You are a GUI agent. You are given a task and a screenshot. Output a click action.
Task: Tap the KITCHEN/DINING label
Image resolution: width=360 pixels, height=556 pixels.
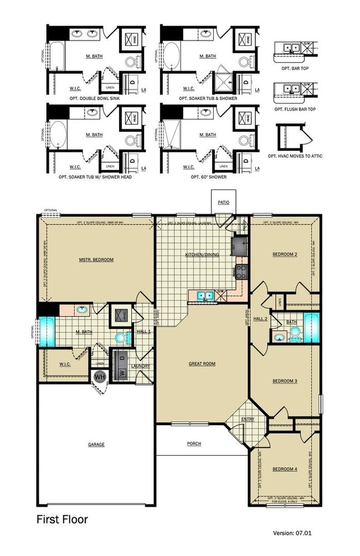201,255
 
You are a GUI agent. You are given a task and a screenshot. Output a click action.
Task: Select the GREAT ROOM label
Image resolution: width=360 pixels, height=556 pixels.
202,364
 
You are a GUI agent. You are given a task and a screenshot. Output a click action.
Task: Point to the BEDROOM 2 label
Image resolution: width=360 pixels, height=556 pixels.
285,254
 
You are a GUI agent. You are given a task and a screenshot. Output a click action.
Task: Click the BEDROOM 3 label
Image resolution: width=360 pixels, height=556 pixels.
285,381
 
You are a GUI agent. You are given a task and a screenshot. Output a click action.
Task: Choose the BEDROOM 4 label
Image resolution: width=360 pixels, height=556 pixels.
285,469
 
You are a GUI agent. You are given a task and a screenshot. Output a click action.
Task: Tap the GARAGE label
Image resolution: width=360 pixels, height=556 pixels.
96,444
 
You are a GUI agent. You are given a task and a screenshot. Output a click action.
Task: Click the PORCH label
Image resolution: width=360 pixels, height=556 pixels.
194,444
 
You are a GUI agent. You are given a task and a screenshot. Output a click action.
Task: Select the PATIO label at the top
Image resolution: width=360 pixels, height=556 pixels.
223,203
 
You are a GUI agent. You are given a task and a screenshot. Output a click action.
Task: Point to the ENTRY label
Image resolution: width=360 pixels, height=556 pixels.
248,419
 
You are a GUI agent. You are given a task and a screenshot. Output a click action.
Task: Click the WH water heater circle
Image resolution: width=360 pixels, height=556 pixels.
100,377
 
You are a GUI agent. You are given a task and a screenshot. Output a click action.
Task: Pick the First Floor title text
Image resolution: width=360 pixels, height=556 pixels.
62,519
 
